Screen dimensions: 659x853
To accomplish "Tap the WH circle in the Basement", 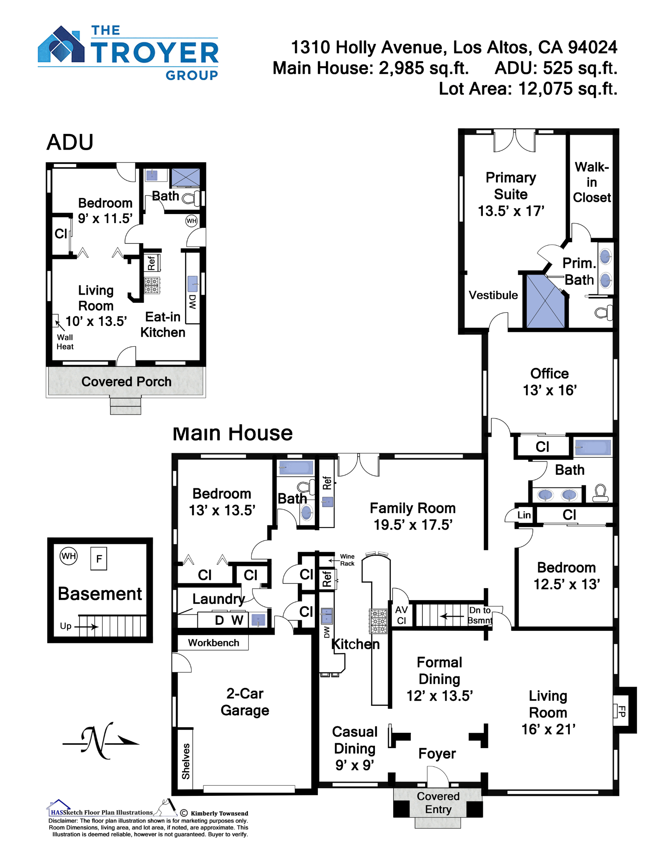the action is [x=69, y=556].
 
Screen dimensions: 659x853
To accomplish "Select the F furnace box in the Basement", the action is [x=99, y=558].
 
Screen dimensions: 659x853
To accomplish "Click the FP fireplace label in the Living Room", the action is [x=622, y=711].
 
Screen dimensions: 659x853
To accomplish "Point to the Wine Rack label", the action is [x=347, y=560].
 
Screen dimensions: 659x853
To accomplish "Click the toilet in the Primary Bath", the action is [x=604, y=313].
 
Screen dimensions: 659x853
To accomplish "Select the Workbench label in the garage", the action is [x=213, y=643].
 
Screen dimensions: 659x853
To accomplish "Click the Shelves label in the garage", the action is [x=186, y=761].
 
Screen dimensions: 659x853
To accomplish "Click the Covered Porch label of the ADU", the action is [x=126, y=381].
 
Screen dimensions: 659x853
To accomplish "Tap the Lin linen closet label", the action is [x=524, y=515].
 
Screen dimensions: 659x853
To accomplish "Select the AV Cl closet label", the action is [x=401, y=615].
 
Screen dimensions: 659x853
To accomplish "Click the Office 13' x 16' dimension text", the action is [x=549, y=390].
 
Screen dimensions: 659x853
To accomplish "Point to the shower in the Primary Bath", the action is [x=545, y=301].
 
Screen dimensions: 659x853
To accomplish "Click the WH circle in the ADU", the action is [x=192, y=221].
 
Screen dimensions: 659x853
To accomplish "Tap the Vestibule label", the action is [x=493, y=295].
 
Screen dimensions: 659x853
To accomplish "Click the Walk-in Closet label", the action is [x=592, y=182].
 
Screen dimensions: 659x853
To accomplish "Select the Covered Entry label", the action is [x=438, y=803].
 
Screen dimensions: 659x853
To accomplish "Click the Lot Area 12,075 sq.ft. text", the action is [x=528, y=89].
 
